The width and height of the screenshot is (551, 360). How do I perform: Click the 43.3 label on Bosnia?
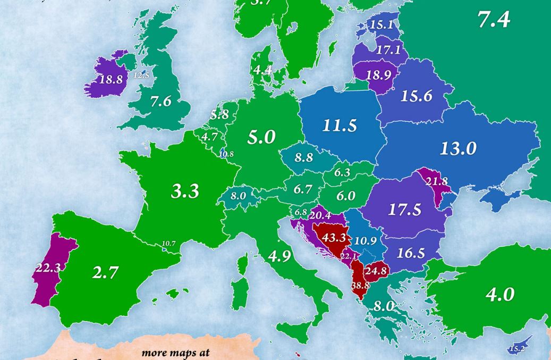click(334, 238)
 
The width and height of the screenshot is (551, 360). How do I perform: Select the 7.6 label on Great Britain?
click(160, 102)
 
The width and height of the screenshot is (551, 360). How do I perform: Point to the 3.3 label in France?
click(185, 191)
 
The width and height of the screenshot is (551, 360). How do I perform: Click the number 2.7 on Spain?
click(105, 273)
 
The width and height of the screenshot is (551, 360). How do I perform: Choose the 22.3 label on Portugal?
click(47, 268)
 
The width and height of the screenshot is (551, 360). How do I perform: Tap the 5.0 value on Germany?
click(261, 137)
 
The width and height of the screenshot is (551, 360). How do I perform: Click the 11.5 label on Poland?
click(340, 126)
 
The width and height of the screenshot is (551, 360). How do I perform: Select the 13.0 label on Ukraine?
click(458, 148)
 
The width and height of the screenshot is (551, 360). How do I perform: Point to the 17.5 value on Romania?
click(404, 210)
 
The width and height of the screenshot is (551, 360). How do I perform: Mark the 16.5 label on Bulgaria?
click(410, 253)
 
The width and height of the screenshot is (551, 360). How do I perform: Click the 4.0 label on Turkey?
click(500, 295)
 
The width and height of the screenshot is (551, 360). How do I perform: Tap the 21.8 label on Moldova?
click(437, 181)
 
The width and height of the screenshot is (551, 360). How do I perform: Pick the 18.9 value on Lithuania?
click(378, 75)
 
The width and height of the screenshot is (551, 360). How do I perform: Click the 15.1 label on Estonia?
click(381, 24)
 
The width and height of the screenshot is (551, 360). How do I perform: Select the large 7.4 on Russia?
click(494, 20)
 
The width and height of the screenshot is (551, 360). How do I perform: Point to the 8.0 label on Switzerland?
click(238, 196)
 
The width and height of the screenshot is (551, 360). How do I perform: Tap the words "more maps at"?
click(175, 353)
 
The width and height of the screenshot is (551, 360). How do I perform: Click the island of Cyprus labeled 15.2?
click(515, 348)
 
